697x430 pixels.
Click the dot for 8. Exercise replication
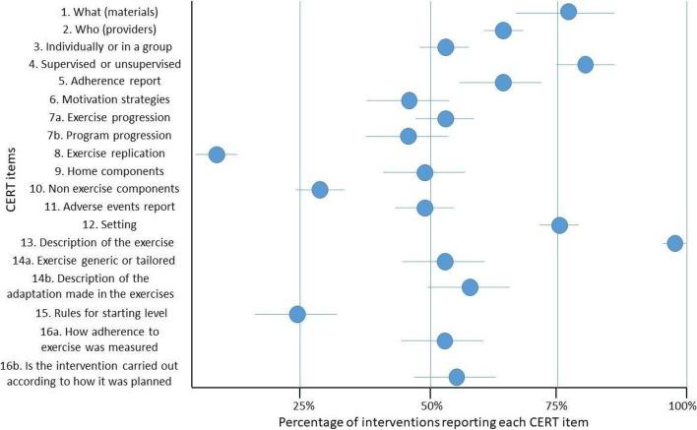pos(217,154)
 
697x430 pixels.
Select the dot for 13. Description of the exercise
pos(674,243)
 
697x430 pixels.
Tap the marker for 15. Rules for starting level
pos(297,314)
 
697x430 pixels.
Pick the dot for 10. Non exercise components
pos(320,189)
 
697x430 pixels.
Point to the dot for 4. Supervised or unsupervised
pos(585,65)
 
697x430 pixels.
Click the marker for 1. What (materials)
pos(568,12)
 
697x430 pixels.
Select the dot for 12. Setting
pos(559,225)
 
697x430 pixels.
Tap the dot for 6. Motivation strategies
pos(410,100)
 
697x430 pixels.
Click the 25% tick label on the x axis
pos(304,405)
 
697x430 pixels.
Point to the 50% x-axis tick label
pos(430,405)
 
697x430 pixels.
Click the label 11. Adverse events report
pos(110,207)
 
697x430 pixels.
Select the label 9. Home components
pos(119,171)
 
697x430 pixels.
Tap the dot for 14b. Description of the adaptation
pos(470,287)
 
